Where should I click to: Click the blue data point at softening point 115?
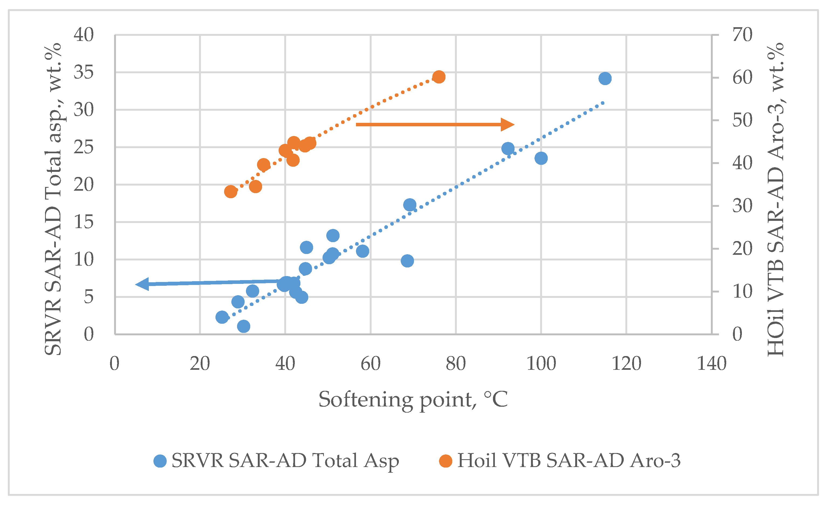tap(605, 78)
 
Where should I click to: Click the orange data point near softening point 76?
tap(439, 77)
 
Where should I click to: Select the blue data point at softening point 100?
tap(541, 158)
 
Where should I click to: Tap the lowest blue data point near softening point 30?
tap(244, 326)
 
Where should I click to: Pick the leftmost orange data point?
tap(231, 191)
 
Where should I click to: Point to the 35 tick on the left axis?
tap(84, 72)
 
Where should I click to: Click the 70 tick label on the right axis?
tap(742, 34)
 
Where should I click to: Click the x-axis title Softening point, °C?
tap(413, 399)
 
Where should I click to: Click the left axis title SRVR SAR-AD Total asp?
tap(53, 199)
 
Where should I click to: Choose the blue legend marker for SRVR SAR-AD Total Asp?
tap(160, 461)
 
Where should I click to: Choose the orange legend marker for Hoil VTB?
tap(445, 461)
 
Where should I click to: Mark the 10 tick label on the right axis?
tap(742, 292)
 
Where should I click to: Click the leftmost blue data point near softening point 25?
tap(222, 317)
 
